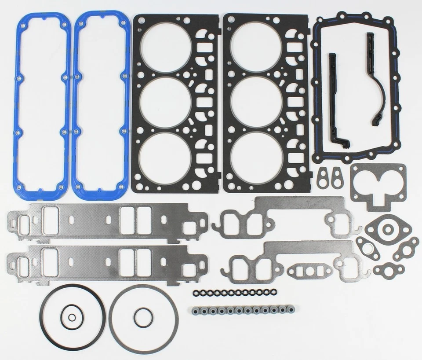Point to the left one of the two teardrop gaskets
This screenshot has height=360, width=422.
point(325,176)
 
